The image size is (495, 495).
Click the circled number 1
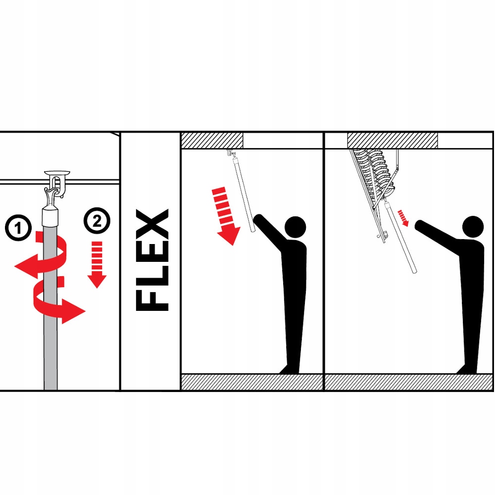[x=18, y=228]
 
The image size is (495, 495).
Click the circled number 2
[x=97, y=221]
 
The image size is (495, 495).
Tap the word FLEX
[x=152, y=260]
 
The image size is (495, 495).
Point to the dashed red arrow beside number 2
[x=97, y=264]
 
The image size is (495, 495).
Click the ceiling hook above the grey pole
[x=56, y=185]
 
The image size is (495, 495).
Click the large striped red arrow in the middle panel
[x=226, y=216]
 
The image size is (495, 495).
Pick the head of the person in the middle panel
[x=296, y=227]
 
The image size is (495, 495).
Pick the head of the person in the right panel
[x=473, y=227]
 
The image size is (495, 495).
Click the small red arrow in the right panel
[x=403, y=218]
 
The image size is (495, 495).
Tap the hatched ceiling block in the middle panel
[x=212, y=141]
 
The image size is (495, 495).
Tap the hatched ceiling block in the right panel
[x=393, y=141]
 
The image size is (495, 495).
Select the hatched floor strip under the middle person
[x=252, y=382]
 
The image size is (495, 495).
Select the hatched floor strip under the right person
[x=408, y=382]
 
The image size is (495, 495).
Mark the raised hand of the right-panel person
[x=420, y=225]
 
